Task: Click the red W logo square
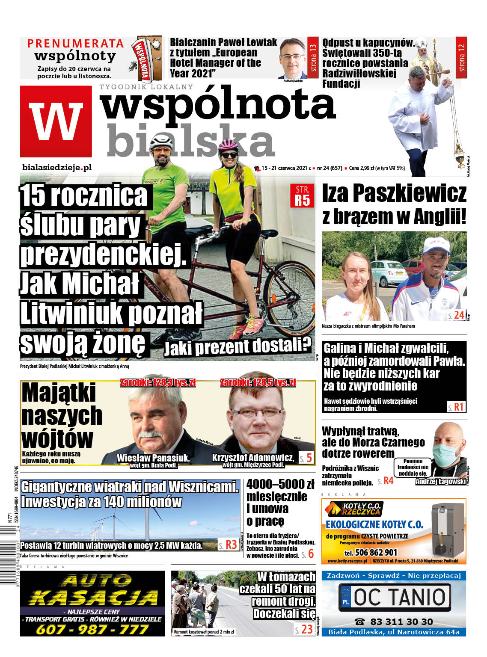pos(56,121)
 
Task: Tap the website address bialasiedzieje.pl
pos(57,168)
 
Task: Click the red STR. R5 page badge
pos(302,195)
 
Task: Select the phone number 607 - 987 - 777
pos(92,629)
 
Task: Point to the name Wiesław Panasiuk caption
pos(153,458)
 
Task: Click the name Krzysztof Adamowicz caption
pos(253,458)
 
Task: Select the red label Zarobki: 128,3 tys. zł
pos(157,382)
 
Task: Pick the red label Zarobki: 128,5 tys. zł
pos(258,382)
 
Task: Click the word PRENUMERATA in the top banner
pos(75,44)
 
